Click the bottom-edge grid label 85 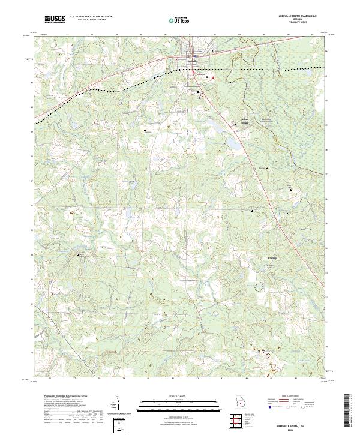pyautogui.click(x=271, y=379)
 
